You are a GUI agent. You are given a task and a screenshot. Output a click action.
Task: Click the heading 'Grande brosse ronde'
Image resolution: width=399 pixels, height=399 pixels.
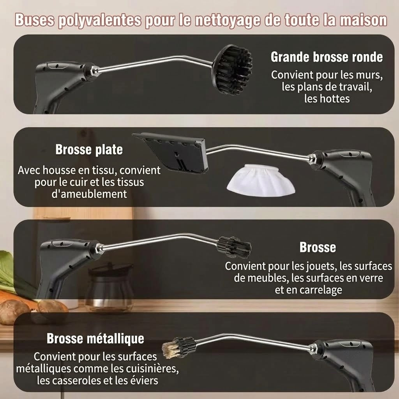[x=327, y=57]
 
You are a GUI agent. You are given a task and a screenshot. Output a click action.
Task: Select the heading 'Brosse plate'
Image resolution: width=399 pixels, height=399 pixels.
[x=89, y=149]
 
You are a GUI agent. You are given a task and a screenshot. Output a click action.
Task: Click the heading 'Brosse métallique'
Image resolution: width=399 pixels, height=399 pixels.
[x=95, y=339]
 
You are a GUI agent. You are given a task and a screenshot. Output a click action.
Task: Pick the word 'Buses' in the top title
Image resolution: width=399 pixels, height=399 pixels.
[x=35, y=20]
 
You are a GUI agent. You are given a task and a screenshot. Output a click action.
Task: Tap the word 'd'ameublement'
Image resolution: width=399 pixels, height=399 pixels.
[x=89, y=194]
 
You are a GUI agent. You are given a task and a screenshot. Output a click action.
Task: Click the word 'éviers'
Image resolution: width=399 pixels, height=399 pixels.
[x=145, y=380]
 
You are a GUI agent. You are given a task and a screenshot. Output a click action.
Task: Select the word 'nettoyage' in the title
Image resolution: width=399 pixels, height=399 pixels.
[x=228, y=20]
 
